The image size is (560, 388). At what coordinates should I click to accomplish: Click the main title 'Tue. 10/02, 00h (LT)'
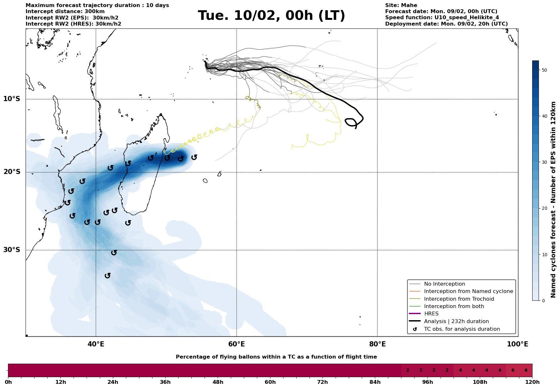coord(271,16)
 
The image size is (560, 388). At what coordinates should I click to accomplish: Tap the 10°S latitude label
coord(12,99)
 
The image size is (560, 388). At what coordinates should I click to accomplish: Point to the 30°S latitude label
coord(12,250)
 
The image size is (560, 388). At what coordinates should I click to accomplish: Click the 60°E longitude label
coord(237,344)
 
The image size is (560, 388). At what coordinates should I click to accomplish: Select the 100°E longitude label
coord(517,344)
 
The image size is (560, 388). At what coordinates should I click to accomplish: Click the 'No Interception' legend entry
coord(444,284)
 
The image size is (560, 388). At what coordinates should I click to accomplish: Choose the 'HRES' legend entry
coord(431,314)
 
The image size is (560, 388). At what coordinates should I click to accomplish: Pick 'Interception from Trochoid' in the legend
coord(459,299)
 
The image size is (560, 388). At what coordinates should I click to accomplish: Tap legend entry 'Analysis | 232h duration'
coord(456,321)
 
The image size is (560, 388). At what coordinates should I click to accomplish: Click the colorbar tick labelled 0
coord(542,301)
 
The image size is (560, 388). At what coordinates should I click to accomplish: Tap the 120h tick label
coord(532,382)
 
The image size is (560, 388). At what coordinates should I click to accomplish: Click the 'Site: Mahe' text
coord(401,5)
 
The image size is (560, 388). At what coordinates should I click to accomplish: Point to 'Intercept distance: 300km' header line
coord(60,12)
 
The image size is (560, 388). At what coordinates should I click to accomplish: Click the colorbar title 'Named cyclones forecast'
coord(553,200)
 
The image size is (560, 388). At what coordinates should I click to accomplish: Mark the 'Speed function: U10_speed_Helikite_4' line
coord(442,18)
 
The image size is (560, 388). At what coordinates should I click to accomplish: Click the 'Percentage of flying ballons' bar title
coord(276,357)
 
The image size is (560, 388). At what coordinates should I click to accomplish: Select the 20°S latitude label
coord(12,172)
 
